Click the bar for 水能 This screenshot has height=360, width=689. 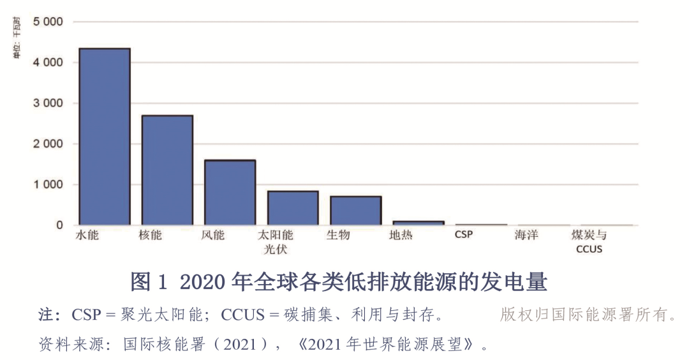click(104, 137)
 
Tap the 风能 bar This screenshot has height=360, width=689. click(230, 192)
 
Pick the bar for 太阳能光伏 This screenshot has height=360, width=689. click(293, 208)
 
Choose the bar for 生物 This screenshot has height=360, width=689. click(355, 211)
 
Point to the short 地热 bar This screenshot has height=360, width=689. click(418, 223)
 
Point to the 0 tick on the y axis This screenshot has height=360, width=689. click(59, 225)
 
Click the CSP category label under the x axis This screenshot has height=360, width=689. click(464, 235)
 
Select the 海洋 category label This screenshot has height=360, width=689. click(526, 235)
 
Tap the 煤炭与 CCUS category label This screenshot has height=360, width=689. click(589, 242)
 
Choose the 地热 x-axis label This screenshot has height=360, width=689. click(401, 235)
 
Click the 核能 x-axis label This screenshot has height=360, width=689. click(150, 235)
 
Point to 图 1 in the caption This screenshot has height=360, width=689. click(148, 281)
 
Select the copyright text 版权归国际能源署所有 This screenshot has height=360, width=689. click(588, 315)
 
